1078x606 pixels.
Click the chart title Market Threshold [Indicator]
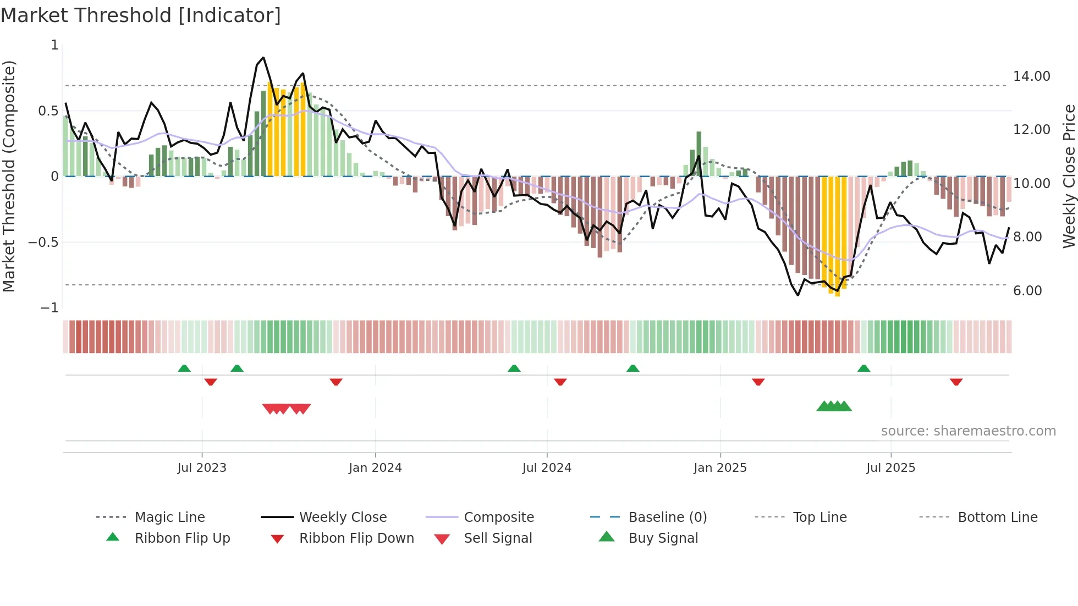pyautogui.click(x=141, y=15)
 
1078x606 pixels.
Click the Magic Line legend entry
pyautogui.click(x=169, y=517)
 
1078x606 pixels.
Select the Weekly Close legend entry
pyautogui.click(x=343, y=517)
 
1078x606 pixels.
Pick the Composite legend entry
pyautogui.click(x=498, y=517)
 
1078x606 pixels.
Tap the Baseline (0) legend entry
pyautogui.click(x=667, y=517)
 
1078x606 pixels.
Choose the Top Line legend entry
pyautogui.click(x=820, y=517)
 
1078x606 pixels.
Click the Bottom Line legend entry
pyautogui.click(x=997, y=517)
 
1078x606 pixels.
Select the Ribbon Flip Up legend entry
pyautogui.click(x=182, y=538)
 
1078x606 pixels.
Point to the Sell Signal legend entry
pyautogui.click(x=498, y=538)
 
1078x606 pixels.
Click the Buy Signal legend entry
pyautogui.click(x=663, y=538)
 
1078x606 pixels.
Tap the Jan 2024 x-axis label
pyautogui.click(x=375, y=468)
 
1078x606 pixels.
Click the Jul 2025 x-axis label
pyautogui.click(x=890, y=468)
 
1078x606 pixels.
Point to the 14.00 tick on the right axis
pyautogui.click(x=1031, y=76)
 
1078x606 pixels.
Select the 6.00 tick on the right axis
pyautogui.click(x=1027, y=291)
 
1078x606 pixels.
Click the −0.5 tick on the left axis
pyautogui.click(x=43, y=243)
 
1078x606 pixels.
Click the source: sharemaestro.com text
pyautogui.click(x=968, y=431)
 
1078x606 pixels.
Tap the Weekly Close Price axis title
pyautogui.click(x=1069, y=176)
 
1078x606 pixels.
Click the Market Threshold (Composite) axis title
pyautogui.click(x=9, y=176)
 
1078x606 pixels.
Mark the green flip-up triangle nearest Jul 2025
pyautogui.click(x=864, y=368)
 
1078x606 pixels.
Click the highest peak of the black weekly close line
pyautogui.click(x=263, y=58)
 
